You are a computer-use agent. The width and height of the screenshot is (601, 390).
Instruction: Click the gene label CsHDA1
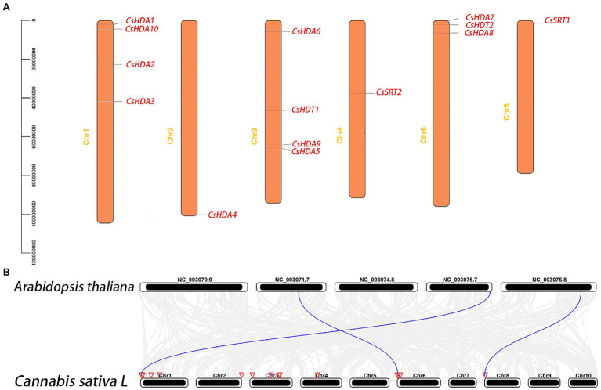[140, 20]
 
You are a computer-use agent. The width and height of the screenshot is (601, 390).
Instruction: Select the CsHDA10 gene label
[143, 29]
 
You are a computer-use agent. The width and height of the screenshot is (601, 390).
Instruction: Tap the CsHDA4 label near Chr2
[223, 215]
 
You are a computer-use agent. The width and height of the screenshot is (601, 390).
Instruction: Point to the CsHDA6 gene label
[306, 31]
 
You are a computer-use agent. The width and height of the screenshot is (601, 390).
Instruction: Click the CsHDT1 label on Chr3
[306, 110]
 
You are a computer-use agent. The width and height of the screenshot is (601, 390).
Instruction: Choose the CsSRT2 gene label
[389, 92]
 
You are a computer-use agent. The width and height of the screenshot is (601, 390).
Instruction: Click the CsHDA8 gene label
[479, 33]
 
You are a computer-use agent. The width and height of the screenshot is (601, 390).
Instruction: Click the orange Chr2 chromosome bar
[189, 117]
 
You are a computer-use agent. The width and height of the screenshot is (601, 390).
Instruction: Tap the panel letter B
[6, 272]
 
